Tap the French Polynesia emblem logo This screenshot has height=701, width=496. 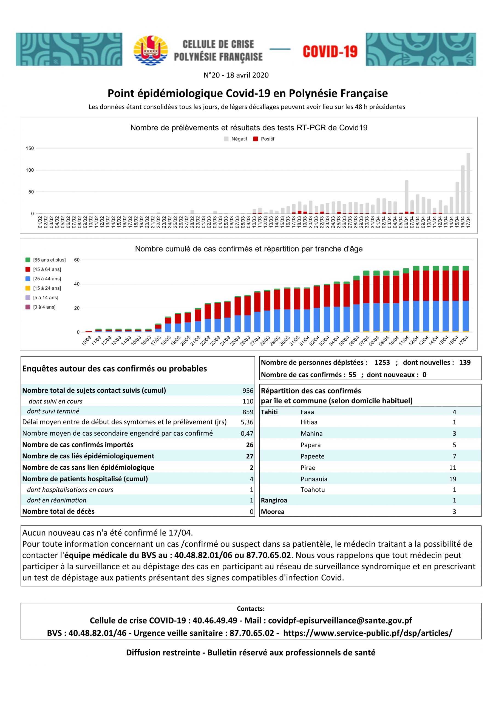[x=151, y=50]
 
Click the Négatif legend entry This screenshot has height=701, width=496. [x=236, y=139]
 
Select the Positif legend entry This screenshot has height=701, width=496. [x=264, y=139]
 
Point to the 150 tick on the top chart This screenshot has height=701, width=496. [x=30, y=148]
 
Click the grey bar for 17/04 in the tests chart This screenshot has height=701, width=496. [x=468, y=183]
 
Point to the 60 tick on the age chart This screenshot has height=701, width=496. [x=77, y=260]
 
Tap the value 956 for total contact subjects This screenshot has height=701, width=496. [x=248, y=390]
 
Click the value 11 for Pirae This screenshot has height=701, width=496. [x=453, y=468]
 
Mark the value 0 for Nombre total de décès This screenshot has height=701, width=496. [x=252, y=512]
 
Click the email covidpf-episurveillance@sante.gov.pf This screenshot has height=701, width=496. [x=340, y=620]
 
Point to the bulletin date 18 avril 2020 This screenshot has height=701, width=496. [x=247, y=75]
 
